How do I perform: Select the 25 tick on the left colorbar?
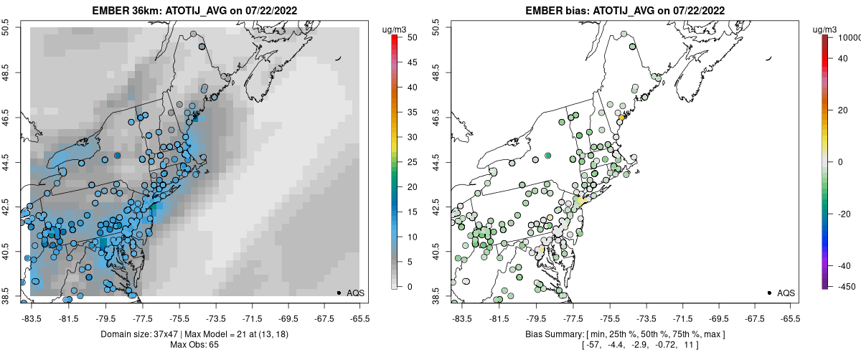coord(413,162)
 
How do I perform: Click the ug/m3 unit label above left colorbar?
coord(395,29)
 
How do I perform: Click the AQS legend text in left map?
coord(355,293)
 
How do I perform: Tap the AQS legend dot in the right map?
coord(769,293)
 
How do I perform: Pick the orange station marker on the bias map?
coord(622,118)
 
